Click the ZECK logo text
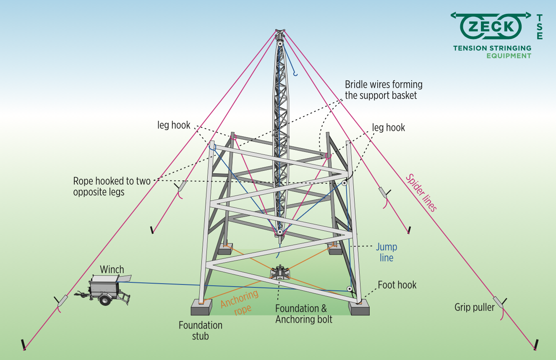[491, 27]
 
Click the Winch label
[112, 269]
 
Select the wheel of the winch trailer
[104, 300]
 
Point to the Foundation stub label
[201, 330]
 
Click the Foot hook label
[397, 285]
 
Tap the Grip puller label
[475, 307]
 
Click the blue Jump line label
[386, 252]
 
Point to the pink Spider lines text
[421, 193]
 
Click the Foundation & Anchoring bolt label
[304, 314]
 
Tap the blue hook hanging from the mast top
[295, 74]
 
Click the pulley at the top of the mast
[279, 43]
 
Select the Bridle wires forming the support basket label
[383, 90]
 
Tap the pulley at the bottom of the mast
[279, 232]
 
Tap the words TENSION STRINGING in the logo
[492, 48]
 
